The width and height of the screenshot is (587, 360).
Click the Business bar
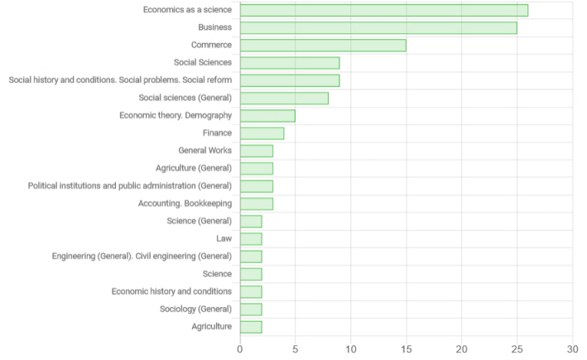click(378, 27)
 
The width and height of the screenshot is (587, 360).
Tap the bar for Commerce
click(323, 46)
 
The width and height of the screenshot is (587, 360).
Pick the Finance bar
click(262, 133)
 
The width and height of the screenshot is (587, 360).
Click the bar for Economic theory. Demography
click(267, 116)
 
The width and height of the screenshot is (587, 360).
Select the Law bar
click(251, 239)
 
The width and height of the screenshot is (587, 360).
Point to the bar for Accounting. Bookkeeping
click(257, 204)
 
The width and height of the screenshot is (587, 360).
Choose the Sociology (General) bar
click(251, 310)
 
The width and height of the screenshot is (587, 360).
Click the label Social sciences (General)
click(185, 98)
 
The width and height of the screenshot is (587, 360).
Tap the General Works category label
click(205, 151)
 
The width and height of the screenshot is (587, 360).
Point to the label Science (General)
click(199, 221)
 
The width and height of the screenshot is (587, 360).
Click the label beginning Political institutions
click(130, 185)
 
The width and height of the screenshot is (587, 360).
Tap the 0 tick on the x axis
click(240, 349)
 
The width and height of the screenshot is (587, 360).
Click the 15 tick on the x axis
click(406, 349)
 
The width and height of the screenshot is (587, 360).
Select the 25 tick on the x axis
click(517, 349)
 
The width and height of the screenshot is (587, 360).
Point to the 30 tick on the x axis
click(572, 349)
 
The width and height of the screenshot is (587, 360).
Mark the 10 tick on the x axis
click(350, 349)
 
